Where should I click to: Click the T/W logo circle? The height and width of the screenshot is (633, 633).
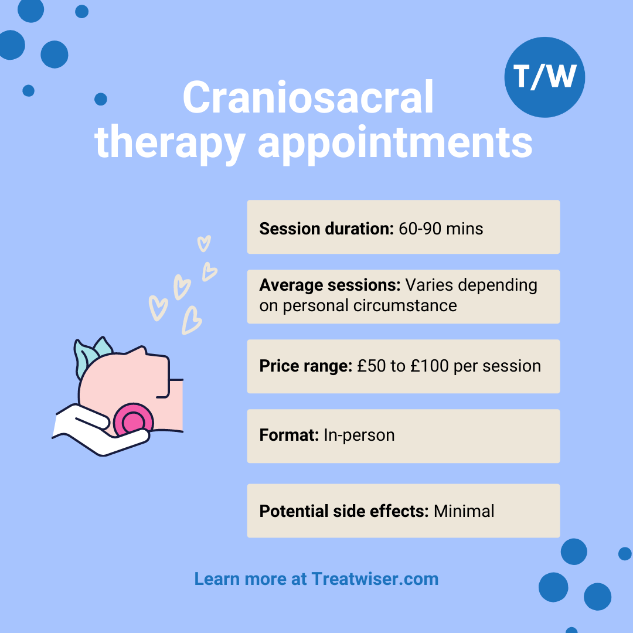tap(544, 77)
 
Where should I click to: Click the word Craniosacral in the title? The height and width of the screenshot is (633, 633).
tap(308, 97)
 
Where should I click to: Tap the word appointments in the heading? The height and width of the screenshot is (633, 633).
tap(395, 144)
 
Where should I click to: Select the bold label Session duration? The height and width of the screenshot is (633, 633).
tap(326, 229)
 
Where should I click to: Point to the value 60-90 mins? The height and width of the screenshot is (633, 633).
tap(441, 229)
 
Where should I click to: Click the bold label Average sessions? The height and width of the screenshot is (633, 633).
tap(330, 285)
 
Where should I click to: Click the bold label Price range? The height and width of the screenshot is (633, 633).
tap(305, 366)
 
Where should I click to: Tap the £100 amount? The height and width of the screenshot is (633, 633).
tap(430, 366)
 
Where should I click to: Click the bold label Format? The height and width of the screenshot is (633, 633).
tap(289, 435)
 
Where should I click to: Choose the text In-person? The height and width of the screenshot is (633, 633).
tap(359, 435)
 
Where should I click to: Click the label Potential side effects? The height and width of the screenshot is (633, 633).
tap(344, 511)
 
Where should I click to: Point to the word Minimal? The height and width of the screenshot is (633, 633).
tap(464, 511)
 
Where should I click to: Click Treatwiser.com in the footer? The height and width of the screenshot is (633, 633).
tap(375, 579)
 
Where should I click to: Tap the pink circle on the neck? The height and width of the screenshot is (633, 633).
tap(133, 422)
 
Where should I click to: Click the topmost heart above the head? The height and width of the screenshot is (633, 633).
tap(204, 243)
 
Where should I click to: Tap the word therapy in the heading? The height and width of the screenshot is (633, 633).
tap(170, 144)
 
